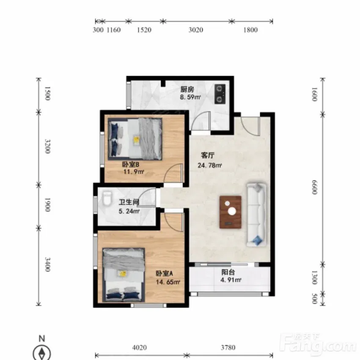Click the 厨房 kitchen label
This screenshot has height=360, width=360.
pos(187,89)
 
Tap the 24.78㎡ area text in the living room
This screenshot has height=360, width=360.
pos(210,165)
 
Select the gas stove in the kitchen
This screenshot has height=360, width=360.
pos(220,93)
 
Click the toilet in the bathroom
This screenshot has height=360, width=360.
pos(107,198)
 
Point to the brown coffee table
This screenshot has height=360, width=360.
pos(230,212)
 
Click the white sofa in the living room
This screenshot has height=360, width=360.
pos(256,214)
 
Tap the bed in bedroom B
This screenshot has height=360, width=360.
pos(135,139)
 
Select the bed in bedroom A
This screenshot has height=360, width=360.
pos(124,275)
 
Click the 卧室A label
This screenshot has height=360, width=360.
pos(165,273)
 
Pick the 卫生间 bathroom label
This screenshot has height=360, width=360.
pos(129,202)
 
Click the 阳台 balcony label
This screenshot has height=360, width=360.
pos(228,272)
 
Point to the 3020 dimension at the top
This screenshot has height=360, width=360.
pos(196,30)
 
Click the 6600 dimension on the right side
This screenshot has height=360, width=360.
pos(315,187)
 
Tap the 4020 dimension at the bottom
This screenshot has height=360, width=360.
pos(139,348)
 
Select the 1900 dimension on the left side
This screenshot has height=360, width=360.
pos(47,205)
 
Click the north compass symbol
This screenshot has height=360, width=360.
pos(42,352)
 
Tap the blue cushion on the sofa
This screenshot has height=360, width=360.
pos(257,240)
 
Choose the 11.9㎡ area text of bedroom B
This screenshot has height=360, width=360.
pos(134,171)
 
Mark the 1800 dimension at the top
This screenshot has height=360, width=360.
pos(250,30)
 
